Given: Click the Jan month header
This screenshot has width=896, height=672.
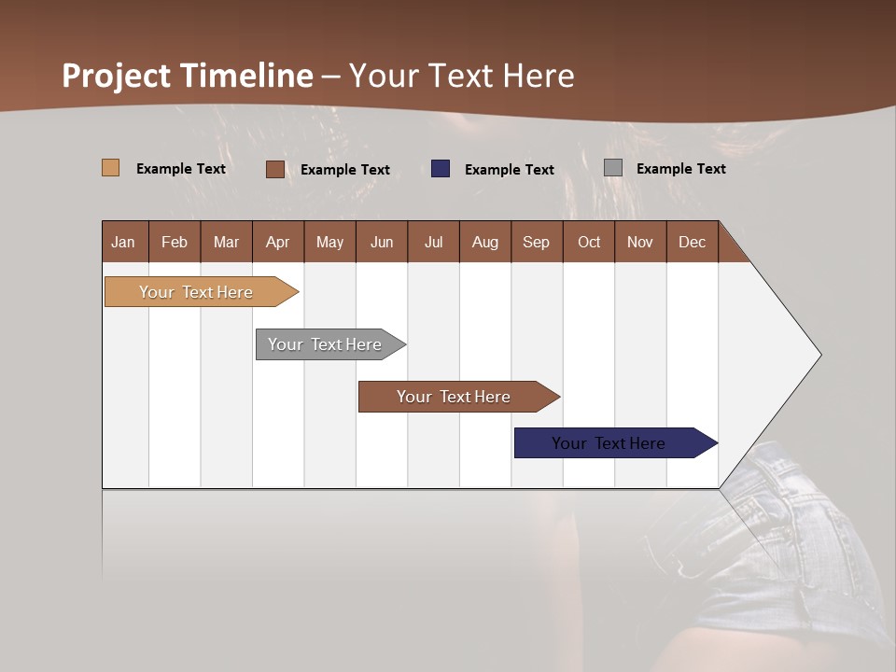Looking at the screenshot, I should (124, 242).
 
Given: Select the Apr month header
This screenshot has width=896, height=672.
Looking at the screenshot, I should (278, 242).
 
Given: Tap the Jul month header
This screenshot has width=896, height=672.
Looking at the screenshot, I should (433, 242).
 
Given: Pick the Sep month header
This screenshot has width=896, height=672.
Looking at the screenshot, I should (537, 242).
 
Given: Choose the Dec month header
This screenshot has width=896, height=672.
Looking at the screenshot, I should (692, 242).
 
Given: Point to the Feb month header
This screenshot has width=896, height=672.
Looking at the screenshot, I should (175, 242).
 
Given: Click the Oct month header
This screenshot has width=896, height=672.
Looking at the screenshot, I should (589, 242).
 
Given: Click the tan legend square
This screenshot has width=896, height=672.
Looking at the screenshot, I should (110, 168).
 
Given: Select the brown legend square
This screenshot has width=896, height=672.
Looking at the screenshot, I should (274, 169).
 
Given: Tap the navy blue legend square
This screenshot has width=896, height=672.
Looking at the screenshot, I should (441, 168).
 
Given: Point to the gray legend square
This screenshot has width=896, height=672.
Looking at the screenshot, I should (613, 168).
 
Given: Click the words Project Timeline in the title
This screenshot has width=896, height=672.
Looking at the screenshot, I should (187, 76).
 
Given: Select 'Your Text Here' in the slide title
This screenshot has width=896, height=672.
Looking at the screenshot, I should (462, 76).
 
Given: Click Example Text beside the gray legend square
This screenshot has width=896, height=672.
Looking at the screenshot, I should (680, 169).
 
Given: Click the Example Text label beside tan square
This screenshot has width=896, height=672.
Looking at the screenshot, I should (181, 169).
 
